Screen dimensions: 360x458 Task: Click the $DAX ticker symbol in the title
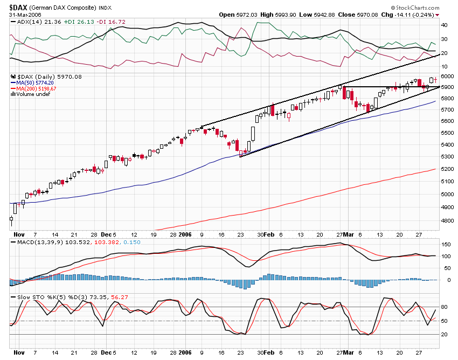click(19, 6)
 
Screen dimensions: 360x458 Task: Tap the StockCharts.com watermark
click(417, 8)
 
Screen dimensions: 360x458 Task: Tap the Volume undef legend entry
click(31, 94)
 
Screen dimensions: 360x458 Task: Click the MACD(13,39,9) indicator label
click(36, 244)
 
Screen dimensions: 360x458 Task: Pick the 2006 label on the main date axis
click(185, 235)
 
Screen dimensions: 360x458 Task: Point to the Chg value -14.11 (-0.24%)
click(407, 15)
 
